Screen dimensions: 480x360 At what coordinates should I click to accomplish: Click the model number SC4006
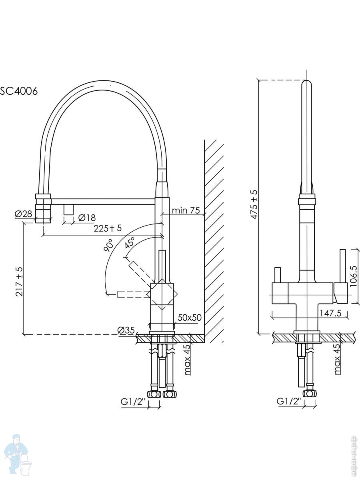pyautogui.click(x=19, y=91)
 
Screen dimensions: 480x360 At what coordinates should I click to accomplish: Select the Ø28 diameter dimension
pyautogui.click(x=24, y=214)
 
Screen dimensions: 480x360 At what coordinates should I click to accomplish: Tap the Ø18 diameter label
pyautogui.click(x=87, y=218)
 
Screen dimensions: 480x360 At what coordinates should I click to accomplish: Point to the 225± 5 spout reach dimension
pyautogui.click(x=107, y=228)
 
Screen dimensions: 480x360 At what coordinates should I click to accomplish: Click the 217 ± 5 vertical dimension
pyautogui.click(x=18, y=282)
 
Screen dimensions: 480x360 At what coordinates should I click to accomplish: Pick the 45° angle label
pyautogui.click(x=129, y=243)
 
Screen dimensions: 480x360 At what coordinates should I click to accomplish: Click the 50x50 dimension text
pyautogui.click(x=189, y=317)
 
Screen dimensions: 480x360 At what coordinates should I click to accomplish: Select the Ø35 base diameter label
pyautogui.click(x=126, y=330)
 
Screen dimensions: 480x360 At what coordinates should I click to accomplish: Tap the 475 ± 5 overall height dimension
pyautogui.click(x=254, y=204)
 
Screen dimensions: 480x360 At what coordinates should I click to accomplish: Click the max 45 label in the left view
pyautogui.click(x=187, y=360)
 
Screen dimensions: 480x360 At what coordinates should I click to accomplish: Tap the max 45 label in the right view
pyautogui.click(x=338, y=359)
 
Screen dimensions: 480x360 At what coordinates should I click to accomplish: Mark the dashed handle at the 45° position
pyautogui.click(x=139, y=270)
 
